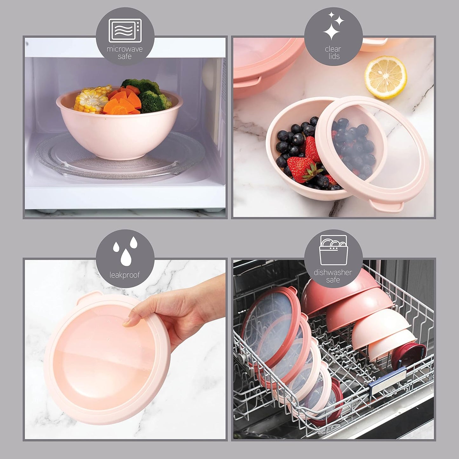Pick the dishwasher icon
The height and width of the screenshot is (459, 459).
pyautogui.click(x=333, y=250)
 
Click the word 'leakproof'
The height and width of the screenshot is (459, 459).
pyautogui.click(x=125, y=275)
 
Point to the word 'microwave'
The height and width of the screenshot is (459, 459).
pyautogui.click(x=125, y=49)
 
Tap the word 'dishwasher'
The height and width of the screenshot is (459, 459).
pyautogui.click(x=333, y=273)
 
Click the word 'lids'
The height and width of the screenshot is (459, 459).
pyautogui.click(x=333, y=57)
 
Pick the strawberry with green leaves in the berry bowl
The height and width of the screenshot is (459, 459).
pyautogui.click(x=301, y=168)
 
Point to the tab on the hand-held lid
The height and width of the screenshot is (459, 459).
pyautogui.click(x=88, y=297)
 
